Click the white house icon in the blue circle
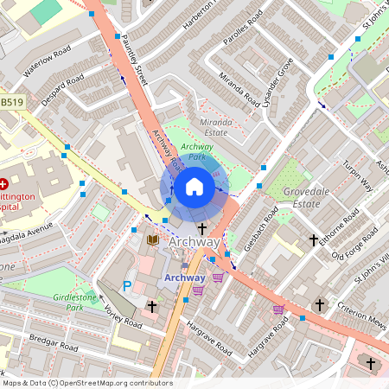click(x=194, y=187)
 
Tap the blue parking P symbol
click(x=128, y=285)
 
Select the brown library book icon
click(x=153, y=239)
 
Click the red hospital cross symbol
click(x=3, y=184)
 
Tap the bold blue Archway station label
click(x=184, y=277)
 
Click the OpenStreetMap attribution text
click(x=86, y=382)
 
